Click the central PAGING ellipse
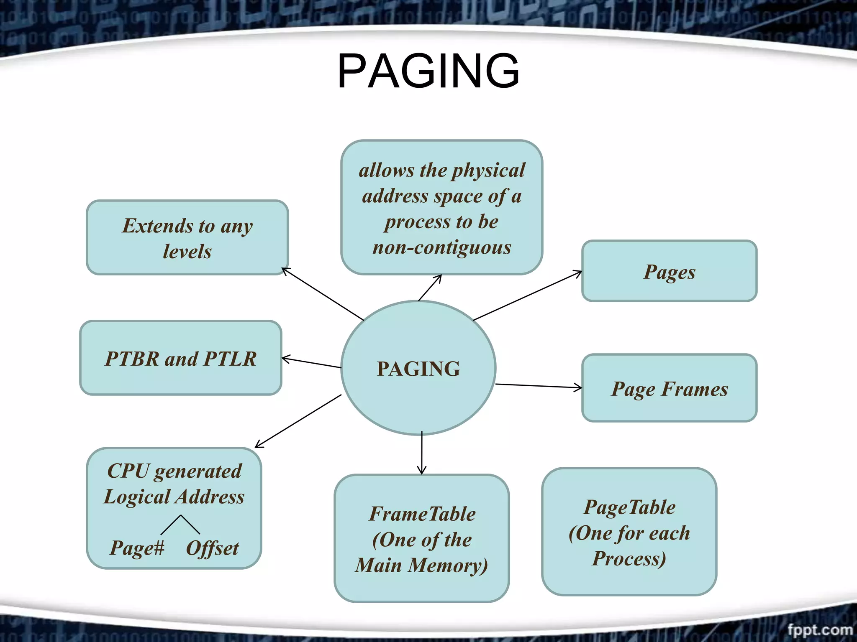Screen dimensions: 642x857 pos(418,368)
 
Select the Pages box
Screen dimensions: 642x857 pos(669,271)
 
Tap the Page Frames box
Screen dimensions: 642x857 pos(669,388)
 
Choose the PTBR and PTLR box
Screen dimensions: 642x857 pos(181,358)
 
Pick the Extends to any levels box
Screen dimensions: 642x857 pos(187,238)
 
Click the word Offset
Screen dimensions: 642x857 pos(212,548)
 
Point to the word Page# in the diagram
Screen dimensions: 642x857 pos(137,548)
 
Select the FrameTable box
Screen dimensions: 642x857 pos(422,538)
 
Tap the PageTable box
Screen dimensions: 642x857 pos(629,532)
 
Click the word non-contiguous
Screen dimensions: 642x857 pos(442,247)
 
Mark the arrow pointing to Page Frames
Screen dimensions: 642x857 pos(539,386)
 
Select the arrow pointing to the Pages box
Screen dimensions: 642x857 pos(527,296)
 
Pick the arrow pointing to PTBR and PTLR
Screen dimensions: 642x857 pos(311,362)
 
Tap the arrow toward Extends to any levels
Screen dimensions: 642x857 pos(322,294)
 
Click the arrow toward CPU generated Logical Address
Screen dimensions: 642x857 pos(298,421)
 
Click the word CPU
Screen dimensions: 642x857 pos(128,471)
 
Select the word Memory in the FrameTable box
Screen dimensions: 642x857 pos(448,565)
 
